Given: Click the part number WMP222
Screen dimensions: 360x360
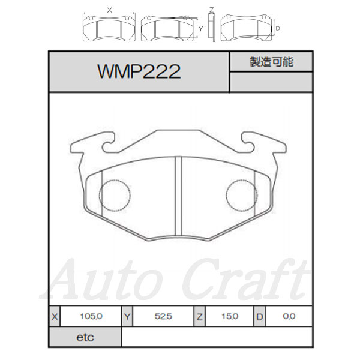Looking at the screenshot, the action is tap(139, 71).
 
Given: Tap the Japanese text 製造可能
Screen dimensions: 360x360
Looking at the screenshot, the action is tap(271, 62).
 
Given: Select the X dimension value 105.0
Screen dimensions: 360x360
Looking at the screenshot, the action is tap(91, 316).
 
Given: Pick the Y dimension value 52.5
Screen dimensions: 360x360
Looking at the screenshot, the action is tap(163, 316).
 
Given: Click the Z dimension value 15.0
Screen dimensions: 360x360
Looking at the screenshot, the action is tap(230, 316).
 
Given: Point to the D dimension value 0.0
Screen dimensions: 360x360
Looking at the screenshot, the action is tap(289, 316).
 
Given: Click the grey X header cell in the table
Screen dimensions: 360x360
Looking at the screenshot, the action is tap(55, 316).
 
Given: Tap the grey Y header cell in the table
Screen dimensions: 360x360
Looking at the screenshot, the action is tap(127, 316).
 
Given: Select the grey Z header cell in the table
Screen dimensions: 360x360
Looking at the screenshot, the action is tap(200, 316).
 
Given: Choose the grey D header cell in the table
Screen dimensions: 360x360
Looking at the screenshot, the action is tap(259, 316).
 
